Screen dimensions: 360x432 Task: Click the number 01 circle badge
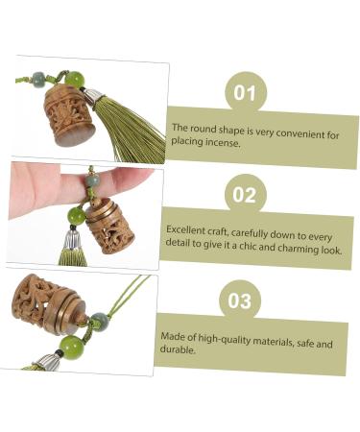pyautogui.click(x=246, y=92)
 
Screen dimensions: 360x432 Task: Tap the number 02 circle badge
pyautogui.click(x=245, y=194)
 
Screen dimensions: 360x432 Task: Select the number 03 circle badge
pyautogui.click(x=240, y=300)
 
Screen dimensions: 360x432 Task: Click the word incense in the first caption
pyautogui.click(x=223, y=143)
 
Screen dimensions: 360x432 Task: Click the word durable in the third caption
pyautogui.click(x=178, y=349)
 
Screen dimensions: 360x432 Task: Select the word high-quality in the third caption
pyautogui.click(x=225, y=339)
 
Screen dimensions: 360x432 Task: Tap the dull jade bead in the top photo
pyautogui.click(x=39, y=79)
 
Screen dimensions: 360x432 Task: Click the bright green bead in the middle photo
pyautogui.click(x=77, y=216)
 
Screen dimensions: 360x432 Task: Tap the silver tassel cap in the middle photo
pyautogui.click(x=72, y=240)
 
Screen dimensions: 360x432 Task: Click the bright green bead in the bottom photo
pyautogui.click(x=71, y=348)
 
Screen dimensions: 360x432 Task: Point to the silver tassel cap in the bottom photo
pyautogui.click(x=47, y=362)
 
